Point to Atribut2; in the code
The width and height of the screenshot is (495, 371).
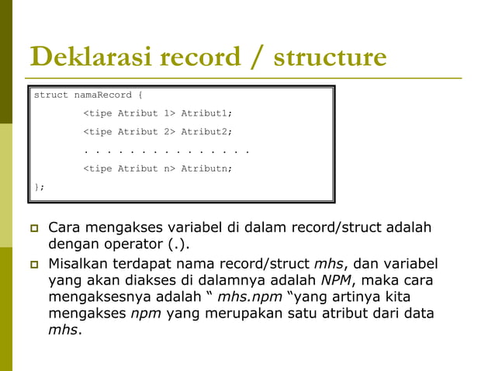click(206, 132)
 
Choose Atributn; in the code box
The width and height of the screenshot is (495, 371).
click(206, 168)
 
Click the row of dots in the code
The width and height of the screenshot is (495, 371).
click(166, 151)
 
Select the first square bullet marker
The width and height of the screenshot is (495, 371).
click(33, 229)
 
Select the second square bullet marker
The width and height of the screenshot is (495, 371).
click(33, 264)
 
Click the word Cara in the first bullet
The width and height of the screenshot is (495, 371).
click(66, 228)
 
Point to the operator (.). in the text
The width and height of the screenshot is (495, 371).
click(178, 245)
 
